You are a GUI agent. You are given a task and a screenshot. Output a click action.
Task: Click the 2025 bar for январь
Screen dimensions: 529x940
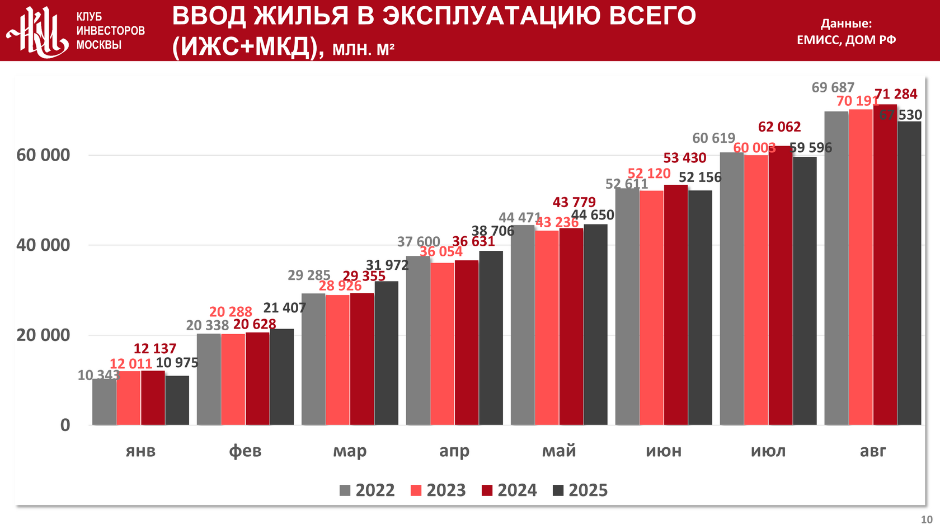coord(177,400)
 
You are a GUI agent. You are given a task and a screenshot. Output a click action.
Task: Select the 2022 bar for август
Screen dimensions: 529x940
coord(836,268)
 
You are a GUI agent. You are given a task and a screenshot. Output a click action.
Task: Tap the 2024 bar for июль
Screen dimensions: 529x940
coord(780,285)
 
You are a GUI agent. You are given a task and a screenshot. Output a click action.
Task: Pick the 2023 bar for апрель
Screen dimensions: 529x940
coord(442,344)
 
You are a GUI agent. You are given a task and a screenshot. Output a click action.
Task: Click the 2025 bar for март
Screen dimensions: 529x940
coord(387,353)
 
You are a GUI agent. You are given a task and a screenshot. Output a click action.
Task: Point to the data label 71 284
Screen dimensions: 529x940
coord(896,94)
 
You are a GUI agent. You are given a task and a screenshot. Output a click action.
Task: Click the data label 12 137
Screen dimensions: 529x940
coord(155,349)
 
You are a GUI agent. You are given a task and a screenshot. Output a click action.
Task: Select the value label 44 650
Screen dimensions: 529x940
coord(593,215)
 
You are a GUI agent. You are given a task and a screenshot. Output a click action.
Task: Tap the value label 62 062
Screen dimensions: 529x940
coord(779,127)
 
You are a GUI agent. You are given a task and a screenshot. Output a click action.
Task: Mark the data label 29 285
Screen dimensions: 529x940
coord(309,275)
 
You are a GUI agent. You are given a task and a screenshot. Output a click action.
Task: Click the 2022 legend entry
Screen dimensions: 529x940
coord(367,490)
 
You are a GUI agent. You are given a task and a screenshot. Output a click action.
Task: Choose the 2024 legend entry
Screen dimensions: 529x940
coord(509,490)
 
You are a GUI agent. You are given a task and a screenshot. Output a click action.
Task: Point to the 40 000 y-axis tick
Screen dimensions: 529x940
coord(43,245)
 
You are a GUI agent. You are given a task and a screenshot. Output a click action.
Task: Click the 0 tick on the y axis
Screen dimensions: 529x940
coord(65,425)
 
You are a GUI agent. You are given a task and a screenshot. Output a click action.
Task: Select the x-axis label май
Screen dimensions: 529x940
coord(559,451)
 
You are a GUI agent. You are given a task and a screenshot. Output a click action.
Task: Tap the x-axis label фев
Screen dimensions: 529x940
coord(245,451)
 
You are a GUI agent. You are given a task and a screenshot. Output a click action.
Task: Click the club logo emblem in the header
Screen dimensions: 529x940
coord(38,31)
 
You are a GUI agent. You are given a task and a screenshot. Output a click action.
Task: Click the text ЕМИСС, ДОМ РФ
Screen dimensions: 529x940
coord(846,40)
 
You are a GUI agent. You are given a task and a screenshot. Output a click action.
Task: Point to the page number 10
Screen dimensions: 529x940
coord(927,519)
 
